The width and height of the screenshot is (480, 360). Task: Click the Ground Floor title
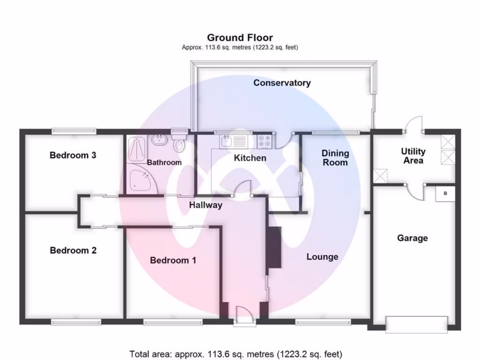click(240, 37)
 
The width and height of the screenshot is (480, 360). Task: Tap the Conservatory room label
click(282, 83)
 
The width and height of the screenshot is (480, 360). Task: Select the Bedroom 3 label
click(73, 155)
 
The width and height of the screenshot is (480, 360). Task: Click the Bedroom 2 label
click(73, 250)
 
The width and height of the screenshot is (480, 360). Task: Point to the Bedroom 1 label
click(173, 260)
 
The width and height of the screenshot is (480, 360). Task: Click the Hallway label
click(206, 205)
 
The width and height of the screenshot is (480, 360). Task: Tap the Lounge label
click(322, 257)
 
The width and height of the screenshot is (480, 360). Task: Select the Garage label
click(412, 238)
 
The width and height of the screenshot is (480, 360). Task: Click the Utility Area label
click(413, 156)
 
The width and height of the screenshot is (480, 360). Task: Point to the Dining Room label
click(335, 157)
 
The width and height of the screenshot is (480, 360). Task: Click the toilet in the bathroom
click(179, 143)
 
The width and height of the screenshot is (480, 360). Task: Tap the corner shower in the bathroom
click(139, 180)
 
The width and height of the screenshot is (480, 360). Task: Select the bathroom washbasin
click(157, 139)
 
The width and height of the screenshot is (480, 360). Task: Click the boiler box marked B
click(445, 194)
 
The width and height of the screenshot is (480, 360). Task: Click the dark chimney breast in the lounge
click(274, 247)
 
